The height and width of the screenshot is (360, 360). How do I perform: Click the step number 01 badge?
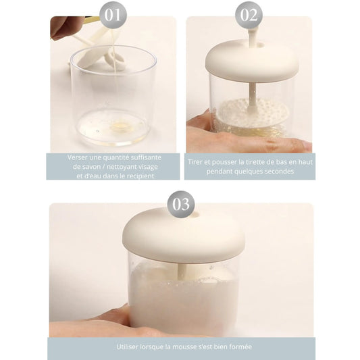point(113,16)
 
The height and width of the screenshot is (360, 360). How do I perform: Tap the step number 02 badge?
point(249,16)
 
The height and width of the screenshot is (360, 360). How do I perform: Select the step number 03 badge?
point(181,204)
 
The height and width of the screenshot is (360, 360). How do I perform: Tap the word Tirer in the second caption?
point(195,162)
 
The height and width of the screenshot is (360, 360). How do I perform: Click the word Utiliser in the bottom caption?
point(127,346)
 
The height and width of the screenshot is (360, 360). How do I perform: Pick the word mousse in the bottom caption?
point(184,346)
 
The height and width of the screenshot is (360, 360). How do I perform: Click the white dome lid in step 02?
point(252,60)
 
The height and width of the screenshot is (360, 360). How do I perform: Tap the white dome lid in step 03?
point(183,235)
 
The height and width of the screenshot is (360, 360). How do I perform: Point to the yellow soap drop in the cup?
point(120,126)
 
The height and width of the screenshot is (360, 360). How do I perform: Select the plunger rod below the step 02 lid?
point(253,94)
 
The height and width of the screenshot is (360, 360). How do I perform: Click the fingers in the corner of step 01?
point(63,28)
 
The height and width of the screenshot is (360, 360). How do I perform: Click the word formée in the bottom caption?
point(241,346)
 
